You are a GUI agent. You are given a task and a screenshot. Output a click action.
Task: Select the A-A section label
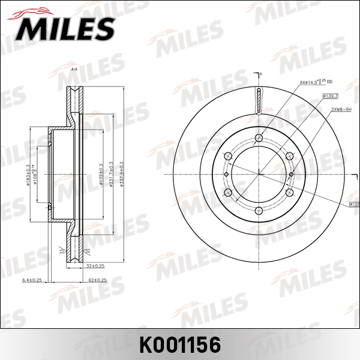coord(74,70)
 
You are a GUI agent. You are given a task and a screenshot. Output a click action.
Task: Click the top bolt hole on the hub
coord(259,140)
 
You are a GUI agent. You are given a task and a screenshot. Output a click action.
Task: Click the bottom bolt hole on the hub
coord(259,211)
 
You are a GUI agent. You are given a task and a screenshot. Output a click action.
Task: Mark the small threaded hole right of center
coord(291,175)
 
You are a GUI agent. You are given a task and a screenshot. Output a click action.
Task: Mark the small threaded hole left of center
coord(227,175)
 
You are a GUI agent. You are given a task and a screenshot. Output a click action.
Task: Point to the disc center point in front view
coord(259,175)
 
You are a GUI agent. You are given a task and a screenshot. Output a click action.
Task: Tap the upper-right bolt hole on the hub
coord(289,157)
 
